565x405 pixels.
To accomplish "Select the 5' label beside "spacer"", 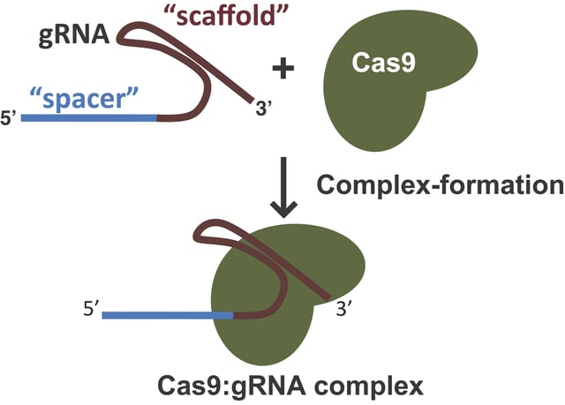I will pyautogui.click(x=11, y=116).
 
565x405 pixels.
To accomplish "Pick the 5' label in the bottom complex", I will pyautogui.click(x=92, y=311).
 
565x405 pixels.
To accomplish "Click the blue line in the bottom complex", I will pyautogui.click(x=168, y=313).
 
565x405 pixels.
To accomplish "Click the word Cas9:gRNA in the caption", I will pyautogui.click(x=215, y=385).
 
